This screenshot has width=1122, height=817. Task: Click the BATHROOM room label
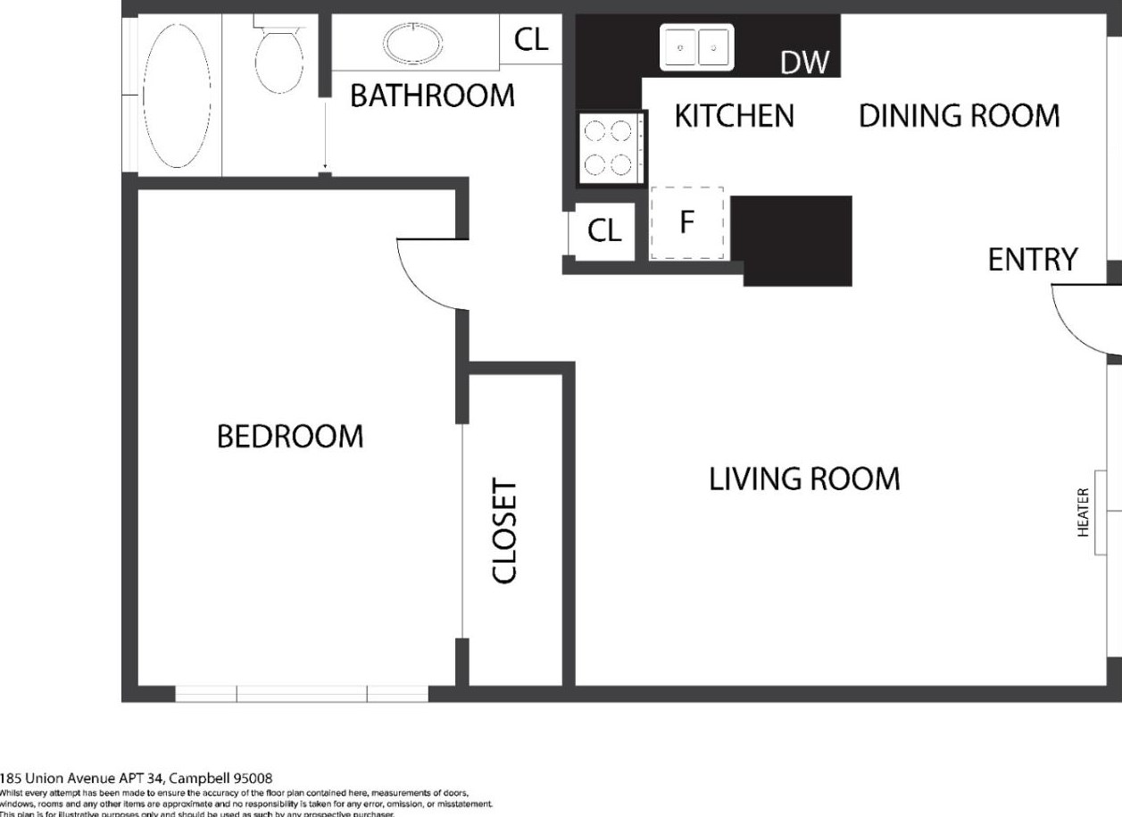pyautogui.click(x=432, y=96)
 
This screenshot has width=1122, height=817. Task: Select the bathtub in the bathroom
pyautogui.click(x=178, y=95)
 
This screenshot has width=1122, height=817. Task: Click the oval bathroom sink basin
pyautogui.click(x=412, y=43)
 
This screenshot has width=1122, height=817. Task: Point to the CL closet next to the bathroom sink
pyautogui.click(x=531, y=40)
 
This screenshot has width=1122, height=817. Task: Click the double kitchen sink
pyautogui.click(x=696, y=46)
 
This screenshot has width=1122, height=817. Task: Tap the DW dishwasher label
pyautogui.click(x=804, y=63)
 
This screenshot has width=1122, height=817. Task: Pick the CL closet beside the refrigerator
pyautogui.click(x=603, y=231)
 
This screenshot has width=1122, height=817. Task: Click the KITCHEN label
pyautogui.click(x=734, y=116)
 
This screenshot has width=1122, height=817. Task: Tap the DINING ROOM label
pyautogui.click(x=959, y=116)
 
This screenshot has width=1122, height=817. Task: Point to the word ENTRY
pyautogui.click(x=1033, y=260)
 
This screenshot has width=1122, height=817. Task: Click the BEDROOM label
pyautogui.click(x=290, y=437)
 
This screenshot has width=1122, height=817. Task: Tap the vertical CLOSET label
pyautogui.click(x=504, y=530)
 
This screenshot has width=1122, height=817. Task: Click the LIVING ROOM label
pyautogui.click(x=804, y=479)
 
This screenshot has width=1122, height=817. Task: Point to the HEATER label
pyautogui.click(x=1084, y=512)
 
